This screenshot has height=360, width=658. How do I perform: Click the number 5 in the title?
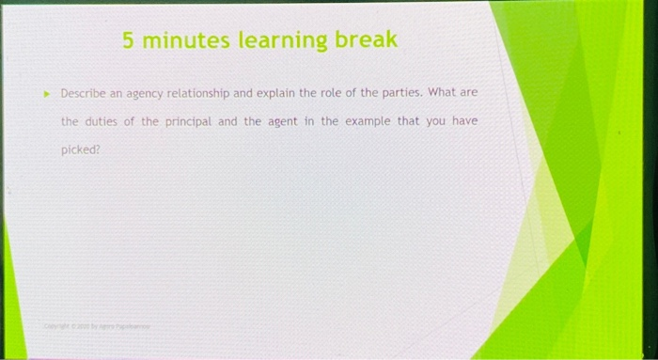click(x=129, y=40)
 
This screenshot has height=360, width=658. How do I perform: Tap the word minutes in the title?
click(x=187, y=40)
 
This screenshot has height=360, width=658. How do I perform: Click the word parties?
click(x=404, y=94)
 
